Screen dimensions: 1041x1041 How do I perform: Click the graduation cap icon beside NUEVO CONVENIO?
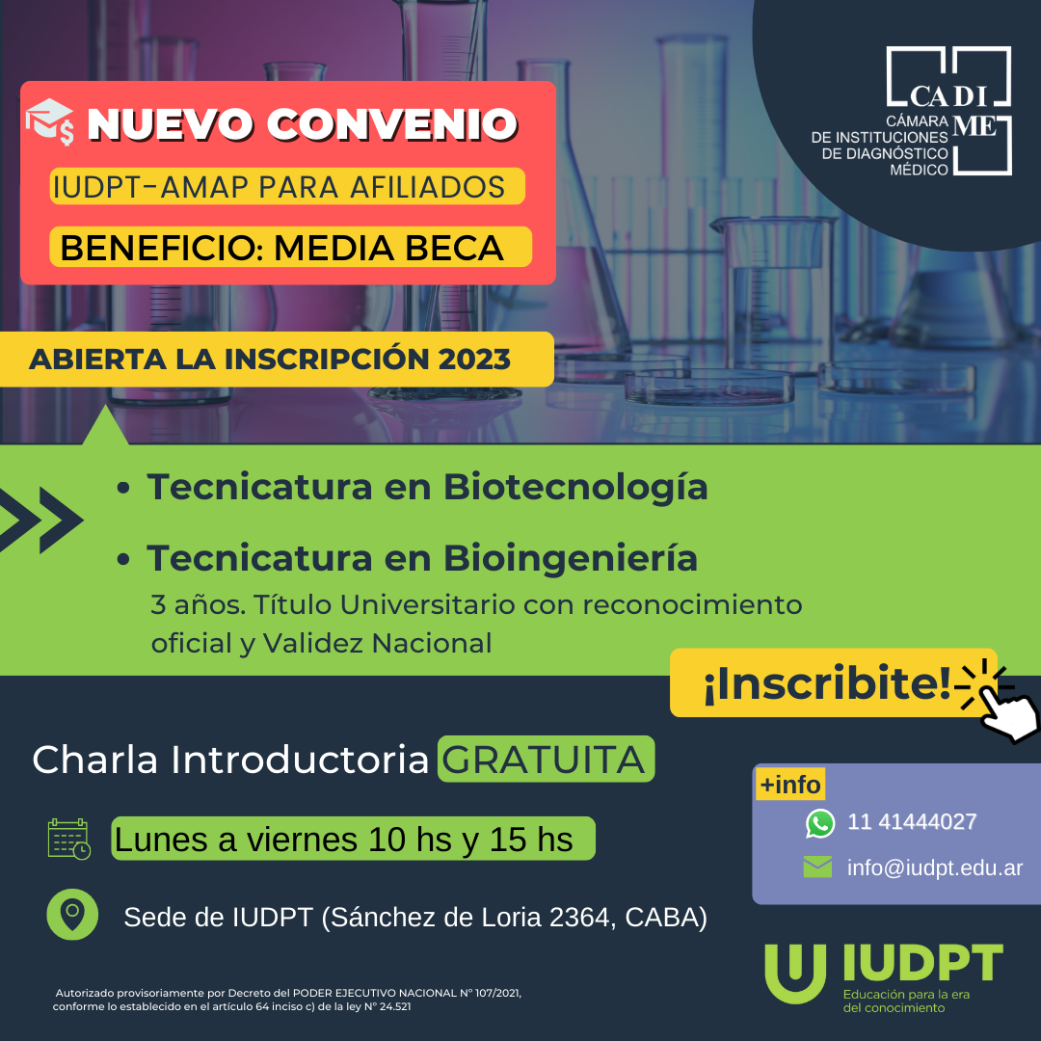(x=50, y=121)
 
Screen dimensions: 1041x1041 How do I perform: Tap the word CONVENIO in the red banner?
(x=391, y=124)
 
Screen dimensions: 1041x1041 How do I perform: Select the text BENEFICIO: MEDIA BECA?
(x=281, y=249)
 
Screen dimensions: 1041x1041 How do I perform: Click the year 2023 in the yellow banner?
(x=474, y=360)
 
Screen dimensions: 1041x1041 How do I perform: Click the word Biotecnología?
(x=575, y=488)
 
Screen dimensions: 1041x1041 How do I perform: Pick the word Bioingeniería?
(x=571, y=558)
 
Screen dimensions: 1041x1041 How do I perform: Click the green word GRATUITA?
(x=546, y=759)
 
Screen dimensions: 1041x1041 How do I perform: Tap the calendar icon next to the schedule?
(x=69, y=840)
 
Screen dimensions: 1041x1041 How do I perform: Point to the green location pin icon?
(x=72, y=914)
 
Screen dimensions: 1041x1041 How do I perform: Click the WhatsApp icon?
(x=820, y=823)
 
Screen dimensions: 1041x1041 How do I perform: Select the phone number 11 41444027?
(x=912, y=822)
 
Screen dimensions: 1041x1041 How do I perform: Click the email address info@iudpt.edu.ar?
(x=935, y=867)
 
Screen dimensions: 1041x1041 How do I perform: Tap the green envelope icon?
(x=817, y=867)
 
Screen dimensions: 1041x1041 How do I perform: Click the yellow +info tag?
(x=790, y=784)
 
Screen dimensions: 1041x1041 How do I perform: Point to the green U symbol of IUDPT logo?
(x=795, y=974)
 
